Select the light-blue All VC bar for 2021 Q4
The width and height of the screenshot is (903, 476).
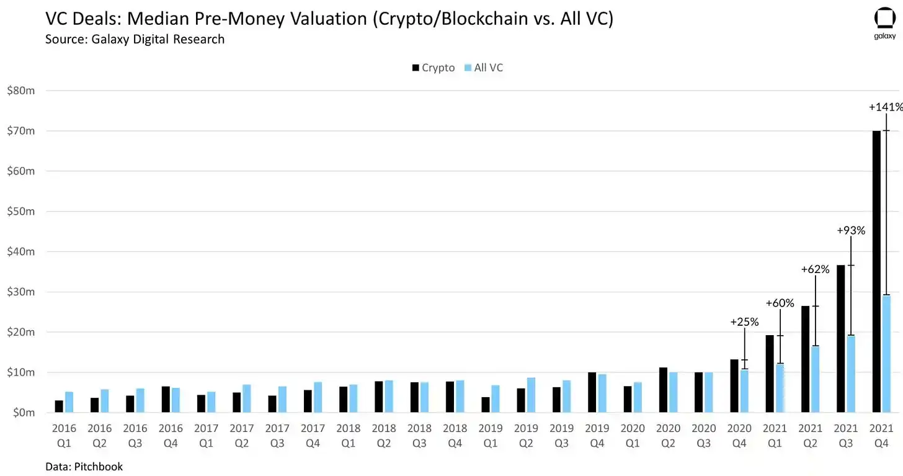887,354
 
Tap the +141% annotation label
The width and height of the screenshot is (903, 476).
885,107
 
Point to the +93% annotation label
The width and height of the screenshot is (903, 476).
851,230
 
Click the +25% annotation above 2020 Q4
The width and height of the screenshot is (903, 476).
744,322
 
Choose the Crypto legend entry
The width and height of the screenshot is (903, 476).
433,68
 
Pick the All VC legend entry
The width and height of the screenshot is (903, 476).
484,68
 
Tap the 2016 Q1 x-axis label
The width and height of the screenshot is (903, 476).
64,434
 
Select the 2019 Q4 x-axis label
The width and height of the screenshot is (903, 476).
597,434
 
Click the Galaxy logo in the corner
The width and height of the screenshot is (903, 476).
885,24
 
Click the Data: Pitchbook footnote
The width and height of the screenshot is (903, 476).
84,467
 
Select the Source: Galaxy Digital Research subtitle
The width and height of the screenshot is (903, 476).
135,39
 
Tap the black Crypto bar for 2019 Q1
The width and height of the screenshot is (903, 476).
486,405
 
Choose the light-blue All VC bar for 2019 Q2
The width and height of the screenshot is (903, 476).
532,395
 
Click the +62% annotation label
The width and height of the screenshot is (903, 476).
816,269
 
